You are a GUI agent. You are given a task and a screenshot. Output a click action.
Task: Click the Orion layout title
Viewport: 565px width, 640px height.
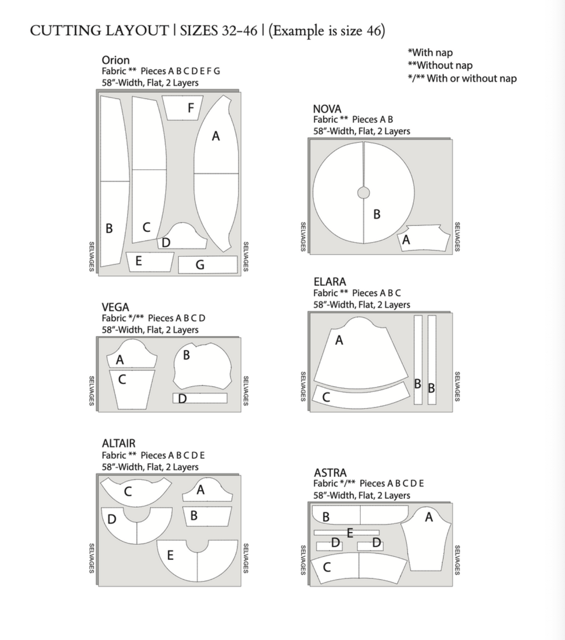point(116,60)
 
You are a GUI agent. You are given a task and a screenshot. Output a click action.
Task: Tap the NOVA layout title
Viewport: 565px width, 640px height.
point(327,109)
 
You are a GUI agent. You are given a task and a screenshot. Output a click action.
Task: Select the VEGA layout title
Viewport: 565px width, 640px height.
point(115,307)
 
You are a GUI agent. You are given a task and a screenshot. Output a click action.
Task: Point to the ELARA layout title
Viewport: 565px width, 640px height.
point(330,282)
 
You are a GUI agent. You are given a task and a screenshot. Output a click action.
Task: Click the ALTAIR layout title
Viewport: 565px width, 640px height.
point(119,443)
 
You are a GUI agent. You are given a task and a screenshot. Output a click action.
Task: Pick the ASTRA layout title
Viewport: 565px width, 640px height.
point(330,473)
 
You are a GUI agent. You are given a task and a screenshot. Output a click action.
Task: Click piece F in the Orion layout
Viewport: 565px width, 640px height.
point(182,108)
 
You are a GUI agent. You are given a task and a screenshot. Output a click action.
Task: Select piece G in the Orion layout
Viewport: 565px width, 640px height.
point(208,265)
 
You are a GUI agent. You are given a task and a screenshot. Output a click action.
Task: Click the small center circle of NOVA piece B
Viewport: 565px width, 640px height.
point(364,193)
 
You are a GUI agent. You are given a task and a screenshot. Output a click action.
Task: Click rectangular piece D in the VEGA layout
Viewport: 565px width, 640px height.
point(200,398)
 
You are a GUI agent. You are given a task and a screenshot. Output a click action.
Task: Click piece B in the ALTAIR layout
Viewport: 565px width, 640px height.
point(207,516)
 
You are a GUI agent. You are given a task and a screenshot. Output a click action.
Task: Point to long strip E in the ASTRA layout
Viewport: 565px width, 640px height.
point(346,533)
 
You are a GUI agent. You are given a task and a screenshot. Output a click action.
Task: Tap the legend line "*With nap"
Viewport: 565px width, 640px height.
point(430,53)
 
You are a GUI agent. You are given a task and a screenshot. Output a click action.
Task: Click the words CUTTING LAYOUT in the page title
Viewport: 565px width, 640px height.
point(99,31)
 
